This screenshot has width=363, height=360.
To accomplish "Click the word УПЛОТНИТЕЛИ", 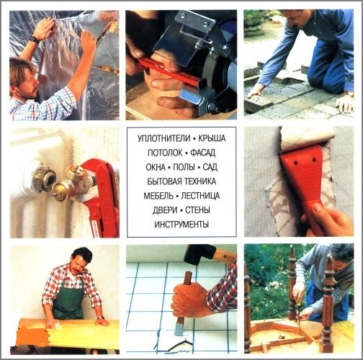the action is pos(164,138).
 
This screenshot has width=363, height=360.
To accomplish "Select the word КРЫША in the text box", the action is pos(212,138).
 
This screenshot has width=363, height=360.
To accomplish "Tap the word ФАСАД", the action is pos(203,153).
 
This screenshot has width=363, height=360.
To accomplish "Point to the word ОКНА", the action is pos(156,167).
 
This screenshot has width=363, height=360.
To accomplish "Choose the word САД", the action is pos(210,167).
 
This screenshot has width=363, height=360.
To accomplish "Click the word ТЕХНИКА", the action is pos(200,181).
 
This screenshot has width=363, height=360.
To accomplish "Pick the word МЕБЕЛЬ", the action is pos(158,196).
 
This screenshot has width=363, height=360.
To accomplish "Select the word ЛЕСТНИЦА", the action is pos(200,196).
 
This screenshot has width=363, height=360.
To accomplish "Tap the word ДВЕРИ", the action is pos(165,210).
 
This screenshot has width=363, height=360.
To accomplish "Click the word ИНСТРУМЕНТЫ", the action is pos(181,225).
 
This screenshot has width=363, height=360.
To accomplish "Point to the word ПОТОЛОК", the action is pos(165,153).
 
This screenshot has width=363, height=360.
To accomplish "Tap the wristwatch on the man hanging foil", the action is pos(34,40).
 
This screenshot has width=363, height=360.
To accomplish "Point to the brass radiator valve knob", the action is pos(61,189).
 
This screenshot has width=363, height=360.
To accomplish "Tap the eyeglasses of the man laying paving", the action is pos(294,17).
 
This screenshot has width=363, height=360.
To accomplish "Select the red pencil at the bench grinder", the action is pos(171,72).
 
